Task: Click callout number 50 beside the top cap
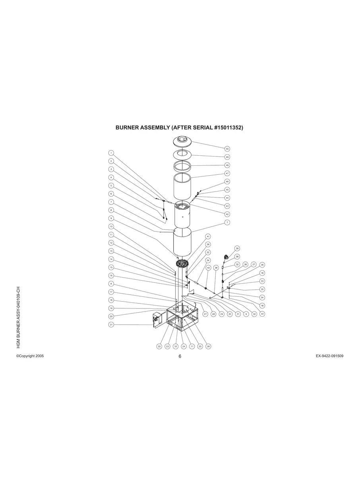227,149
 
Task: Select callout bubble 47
227,173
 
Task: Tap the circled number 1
112,153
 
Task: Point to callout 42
227,214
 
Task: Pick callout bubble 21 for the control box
112,325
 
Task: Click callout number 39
237,248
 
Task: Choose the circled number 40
208,268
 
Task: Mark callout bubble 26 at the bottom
208,346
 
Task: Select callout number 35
262,289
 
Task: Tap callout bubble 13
112,251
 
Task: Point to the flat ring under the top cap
182,154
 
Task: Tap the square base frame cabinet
183,317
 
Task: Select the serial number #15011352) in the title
223,128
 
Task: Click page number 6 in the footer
180,356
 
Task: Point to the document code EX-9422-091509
329,356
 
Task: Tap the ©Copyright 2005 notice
30,356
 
